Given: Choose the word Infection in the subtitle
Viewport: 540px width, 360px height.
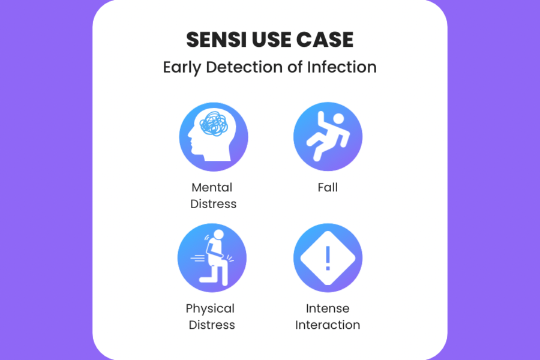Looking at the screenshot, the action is pyautogui.click(x=342, y=67).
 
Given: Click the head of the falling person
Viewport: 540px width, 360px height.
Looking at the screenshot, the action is pyautogui.click(x=338, y=119).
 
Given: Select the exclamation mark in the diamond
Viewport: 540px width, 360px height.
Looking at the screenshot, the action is pyautogui.click(x=328, y=258).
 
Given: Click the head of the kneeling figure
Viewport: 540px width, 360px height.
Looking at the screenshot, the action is pyautogui.click(x=218, y=235).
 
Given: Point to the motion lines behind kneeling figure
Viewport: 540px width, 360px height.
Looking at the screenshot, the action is pyautogui.click(x=198, y=258).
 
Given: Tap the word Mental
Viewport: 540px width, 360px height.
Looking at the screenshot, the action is pyautogui.click(x=212, y=187).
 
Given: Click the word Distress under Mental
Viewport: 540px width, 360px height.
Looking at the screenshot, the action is pyautogui.click(x=213, y=204).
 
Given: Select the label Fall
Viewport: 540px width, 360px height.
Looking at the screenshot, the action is pyautogui.click(x=328, y=187).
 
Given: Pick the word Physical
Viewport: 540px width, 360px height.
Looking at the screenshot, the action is pyautogui.click(x=210, y=309).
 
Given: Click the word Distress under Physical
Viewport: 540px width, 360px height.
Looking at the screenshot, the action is pyautogui.click(x=212, y=325).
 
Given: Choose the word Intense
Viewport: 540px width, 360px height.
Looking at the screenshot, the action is pyautogui.click(x=328, y=308).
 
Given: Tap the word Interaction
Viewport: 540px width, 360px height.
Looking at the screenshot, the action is pyautogui.click(x=328, y=325).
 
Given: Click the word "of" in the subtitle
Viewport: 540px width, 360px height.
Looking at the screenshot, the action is pyautogui.click(x=295, y=67).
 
